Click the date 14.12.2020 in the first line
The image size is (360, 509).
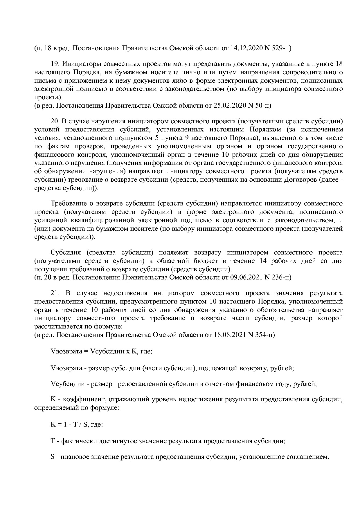pos(245,48)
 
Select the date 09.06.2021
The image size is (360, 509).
pos(245,277)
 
